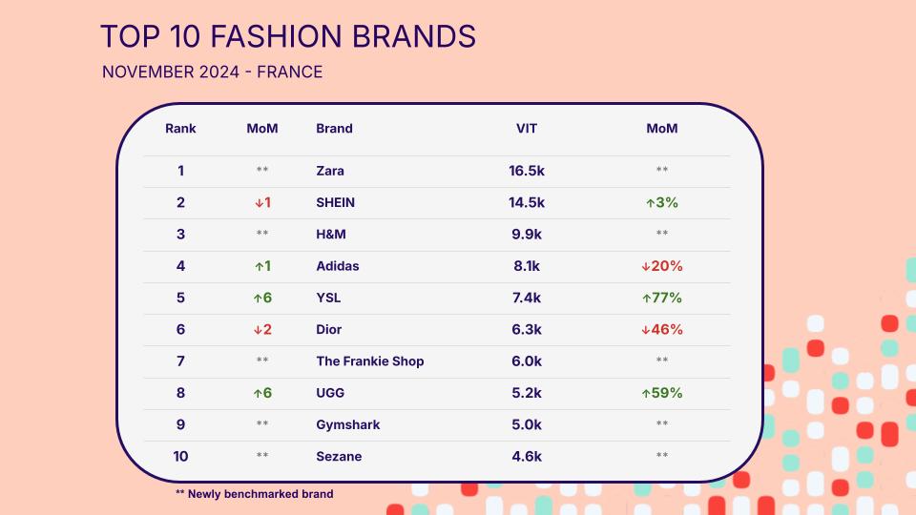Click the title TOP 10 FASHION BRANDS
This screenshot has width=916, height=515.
(288, 36)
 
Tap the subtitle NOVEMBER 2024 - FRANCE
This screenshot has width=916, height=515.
(212, 72)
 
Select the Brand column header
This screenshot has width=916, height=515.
(334, 129)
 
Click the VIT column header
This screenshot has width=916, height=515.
(527, 129)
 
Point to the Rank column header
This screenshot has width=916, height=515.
(180, 129)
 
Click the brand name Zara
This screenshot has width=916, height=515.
(330, 171)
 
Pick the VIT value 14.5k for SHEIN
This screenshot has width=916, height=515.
(527, 202)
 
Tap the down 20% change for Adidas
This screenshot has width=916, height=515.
(662, 266)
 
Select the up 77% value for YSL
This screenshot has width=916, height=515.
(662, 298)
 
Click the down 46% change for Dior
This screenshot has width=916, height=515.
(662, 329)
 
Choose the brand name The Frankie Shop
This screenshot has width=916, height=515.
(370, 361)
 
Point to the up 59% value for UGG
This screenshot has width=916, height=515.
(662, 393)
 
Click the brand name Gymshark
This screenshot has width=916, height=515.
(348, 424)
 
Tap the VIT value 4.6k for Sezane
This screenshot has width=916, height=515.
(527, 457)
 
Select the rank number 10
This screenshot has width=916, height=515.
(180, 457)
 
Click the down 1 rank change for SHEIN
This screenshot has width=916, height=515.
(262, 202)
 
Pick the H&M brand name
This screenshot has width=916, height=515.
(331, 235)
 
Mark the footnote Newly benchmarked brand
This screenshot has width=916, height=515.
(260, 494)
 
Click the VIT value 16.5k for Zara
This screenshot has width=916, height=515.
(527, 171)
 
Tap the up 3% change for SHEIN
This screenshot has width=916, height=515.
(662, 202)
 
